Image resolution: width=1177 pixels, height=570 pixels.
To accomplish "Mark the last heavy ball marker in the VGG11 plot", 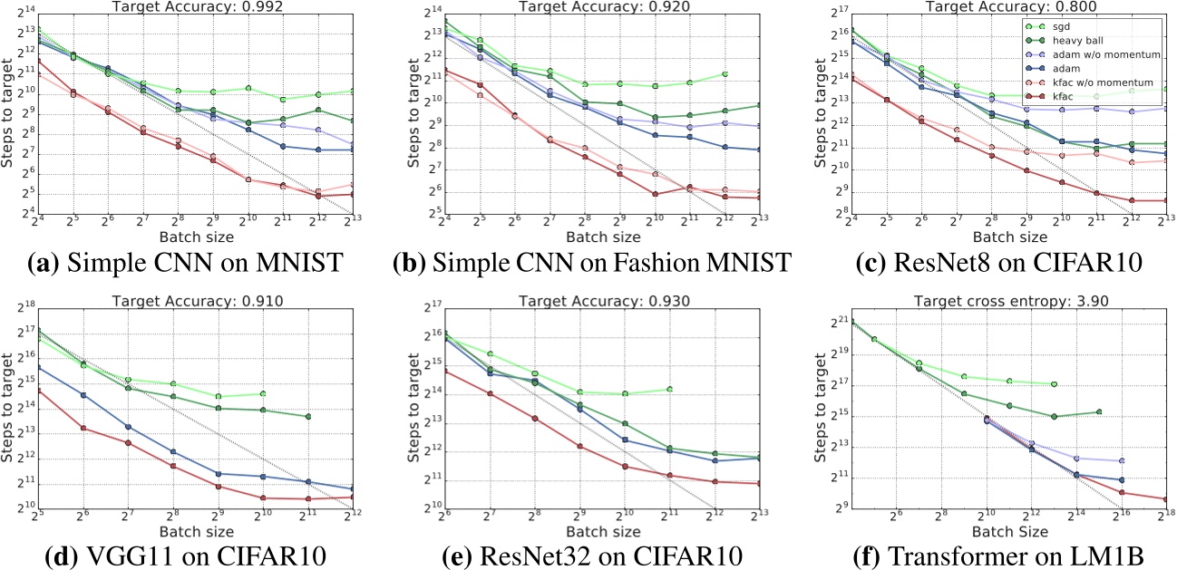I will click(x=308, y=416).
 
